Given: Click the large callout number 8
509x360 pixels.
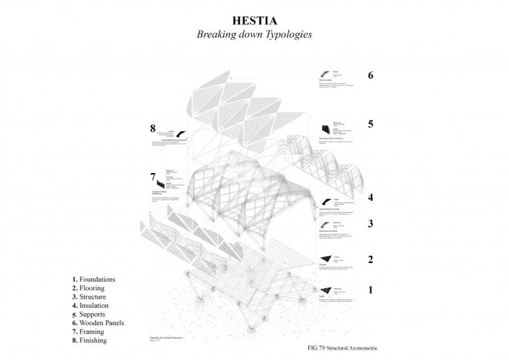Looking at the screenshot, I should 152,128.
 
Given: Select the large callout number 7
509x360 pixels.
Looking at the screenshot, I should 152,177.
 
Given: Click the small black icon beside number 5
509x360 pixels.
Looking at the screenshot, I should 325,128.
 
